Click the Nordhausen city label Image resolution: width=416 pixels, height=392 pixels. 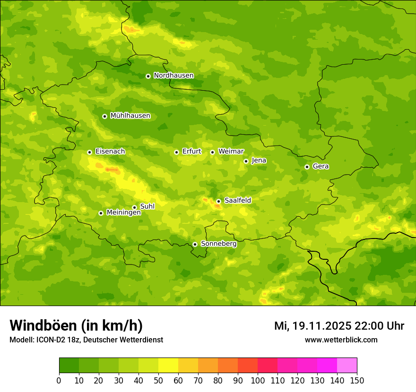pyautogui.click(x=173, y=76)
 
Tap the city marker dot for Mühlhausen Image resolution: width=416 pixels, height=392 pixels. pyautogui.click(x=104, y=116)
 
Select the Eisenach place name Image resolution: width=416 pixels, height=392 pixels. pyautogui.click(x=110, y=152)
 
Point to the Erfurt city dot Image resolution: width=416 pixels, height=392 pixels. pyautogui.click(x=176, y=152)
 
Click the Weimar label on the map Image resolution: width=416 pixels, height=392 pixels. pyautogui.click(x=231, y=152)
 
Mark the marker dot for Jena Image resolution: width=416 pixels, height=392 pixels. pyautogui.click(x=246, y=161)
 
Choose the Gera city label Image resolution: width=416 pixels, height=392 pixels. pyautogui.click(x=321, y=166)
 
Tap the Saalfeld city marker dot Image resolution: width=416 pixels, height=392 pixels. pyautogui.click(x=218, y=201)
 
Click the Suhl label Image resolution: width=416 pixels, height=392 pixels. pyautogui.click(x=147, y=206)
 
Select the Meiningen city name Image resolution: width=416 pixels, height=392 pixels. pyautogui.click(x=123, y=213)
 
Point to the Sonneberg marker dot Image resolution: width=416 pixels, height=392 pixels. pyautogui.click(x=195, y=244)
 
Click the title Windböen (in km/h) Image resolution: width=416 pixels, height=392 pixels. pyautogui.click(x=76, y=325)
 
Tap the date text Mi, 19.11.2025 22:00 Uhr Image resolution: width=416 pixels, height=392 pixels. pyautogui.click(x=339, y=326)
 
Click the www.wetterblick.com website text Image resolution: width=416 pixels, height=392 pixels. pyautogui.click(x=341, y=340)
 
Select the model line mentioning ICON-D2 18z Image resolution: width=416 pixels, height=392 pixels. pyautogui.click(x=86, y=340)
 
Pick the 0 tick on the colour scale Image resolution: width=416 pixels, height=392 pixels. pyautogui.click(x=59, y=380)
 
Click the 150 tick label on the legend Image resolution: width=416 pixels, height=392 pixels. pyautogui.click(x=357, y=380)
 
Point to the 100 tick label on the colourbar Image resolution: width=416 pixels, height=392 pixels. pyautogui.click(x=258, y=380)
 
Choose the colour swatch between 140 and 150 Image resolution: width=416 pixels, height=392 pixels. pyautogui.click(x=347, y=366)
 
